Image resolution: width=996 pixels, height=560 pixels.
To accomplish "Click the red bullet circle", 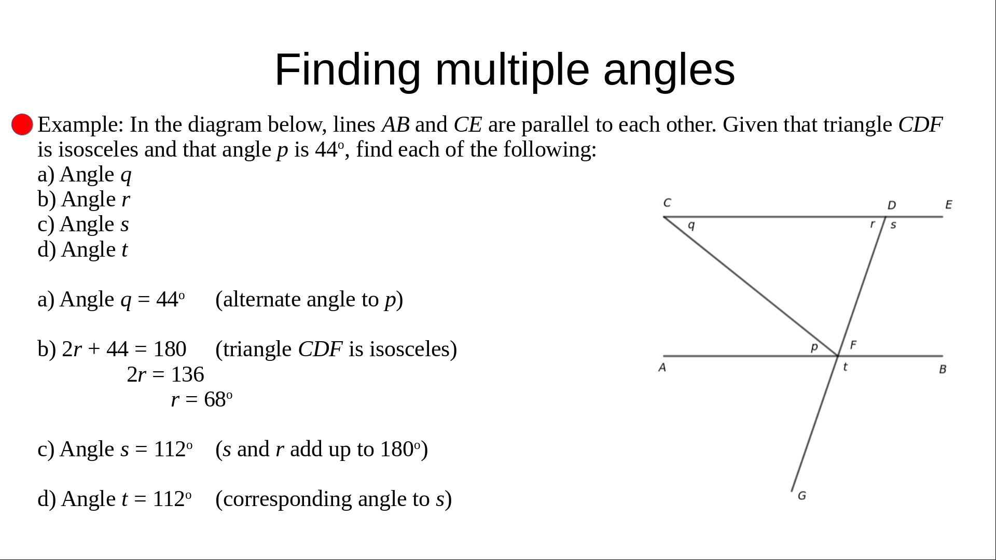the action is click(x=22, y=124).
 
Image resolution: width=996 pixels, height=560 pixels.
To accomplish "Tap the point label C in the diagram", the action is click(x=667, y=203).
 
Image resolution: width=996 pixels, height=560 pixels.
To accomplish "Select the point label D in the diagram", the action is click(x=892, y=205).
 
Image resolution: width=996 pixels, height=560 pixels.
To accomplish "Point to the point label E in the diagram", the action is click(x=949, y=204).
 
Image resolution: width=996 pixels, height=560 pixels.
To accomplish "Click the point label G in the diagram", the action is click(x=802, y=496).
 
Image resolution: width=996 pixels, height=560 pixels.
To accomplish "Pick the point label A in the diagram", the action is click(x=662, y=368).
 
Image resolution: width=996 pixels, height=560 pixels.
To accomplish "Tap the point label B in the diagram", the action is click(x=943, y=369).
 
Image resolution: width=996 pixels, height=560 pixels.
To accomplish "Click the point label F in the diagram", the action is click(x=853, y=344).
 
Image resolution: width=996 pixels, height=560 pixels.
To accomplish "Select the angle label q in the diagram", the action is click(x=691, y=226).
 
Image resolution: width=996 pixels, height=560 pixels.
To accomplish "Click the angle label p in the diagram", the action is click(x=814, y=347).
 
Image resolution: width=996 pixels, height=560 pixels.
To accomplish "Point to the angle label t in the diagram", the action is click(x=846, y=367).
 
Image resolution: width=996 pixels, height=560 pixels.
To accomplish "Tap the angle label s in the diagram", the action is click(x=893, y=225).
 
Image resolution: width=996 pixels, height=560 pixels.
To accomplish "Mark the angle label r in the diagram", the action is click(x=873, y=224).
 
